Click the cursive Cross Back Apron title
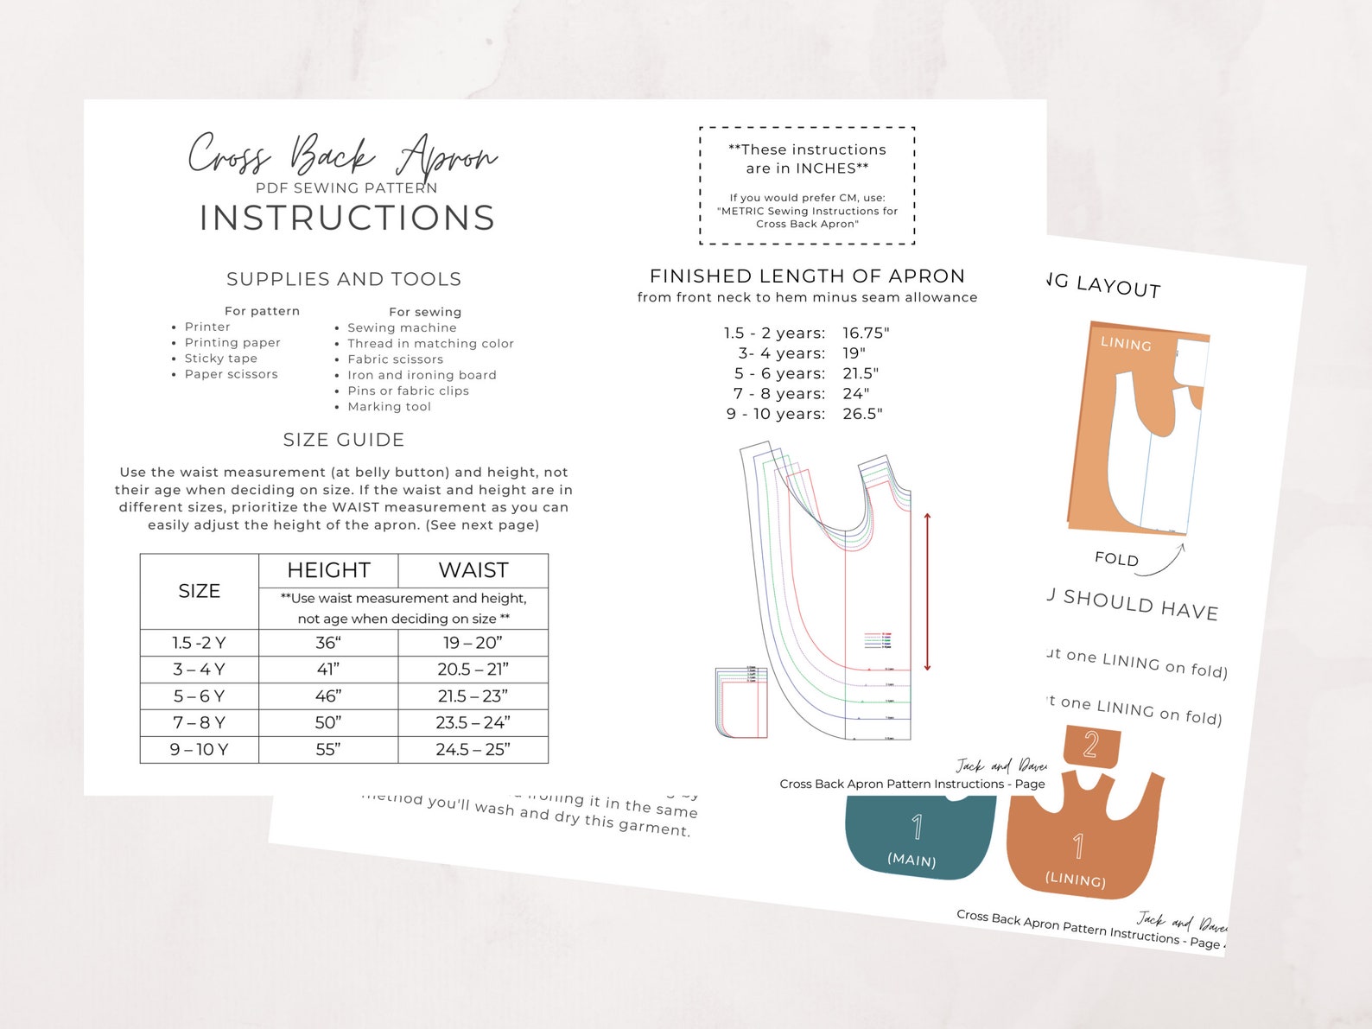tap(342, 156)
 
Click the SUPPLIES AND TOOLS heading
tap(344, 279)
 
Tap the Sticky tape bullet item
tap(220, 359)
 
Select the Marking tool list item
tap(389, 407)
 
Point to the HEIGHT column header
tap(328, 570)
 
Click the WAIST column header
tap(473, 570)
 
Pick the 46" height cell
tap(328, 696)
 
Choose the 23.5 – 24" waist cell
tap(473, 723)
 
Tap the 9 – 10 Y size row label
tap(199, 750)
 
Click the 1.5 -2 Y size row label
tap(199, 643)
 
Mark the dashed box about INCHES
tap(807, 186)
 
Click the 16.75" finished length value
tap(866, 333)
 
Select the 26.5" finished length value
tap(862, 414)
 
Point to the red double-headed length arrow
tap(927, 592)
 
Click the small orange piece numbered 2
tap(1091, 745)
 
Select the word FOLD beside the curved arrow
tap(1116, 559)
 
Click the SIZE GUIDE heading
tap(344, 440)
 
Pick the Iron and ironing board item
tap(422, 375)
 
